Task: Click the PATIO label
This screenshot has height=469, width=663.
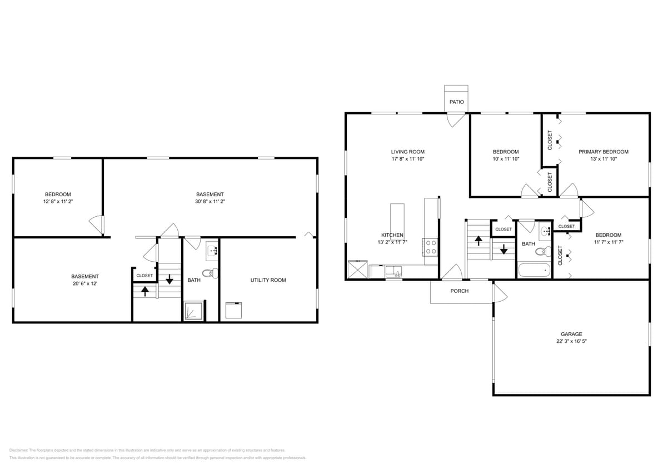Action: [456, 102]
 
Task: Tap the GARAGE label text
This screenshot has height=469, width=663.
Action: [571, 334]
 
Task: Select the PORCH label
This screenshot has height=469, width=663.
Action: [459, 291]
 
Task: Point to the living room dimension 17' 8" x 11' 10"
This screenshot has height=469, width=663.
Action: [407, 159]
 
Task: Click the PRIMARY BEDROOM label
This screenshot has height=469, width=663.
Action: [603, 152]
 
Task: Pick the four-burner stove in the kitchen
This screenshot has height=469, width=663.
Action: [431, 247]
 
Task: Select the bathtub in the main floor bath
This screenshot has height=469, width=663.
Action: [534, 271]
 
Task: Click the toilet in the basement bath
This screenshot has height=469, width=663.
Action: [210, 273]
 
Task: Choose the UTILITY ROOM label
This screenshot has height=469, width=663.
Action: [268, 280]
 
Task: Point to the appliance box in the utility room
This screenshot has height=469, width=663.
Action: [233, 310]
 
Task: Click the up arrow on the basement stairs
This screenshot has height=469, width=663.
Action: [145, 291]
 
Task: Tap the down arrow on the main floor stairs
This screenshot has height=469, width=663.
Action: [504, 249]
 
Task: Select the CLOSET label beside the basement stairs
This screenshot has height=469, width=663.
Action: [144, 276]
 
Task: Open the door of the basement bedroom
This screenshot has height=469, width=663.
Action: [97, 224]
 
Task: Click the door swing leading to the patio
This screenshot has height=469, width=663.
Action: [456, 119]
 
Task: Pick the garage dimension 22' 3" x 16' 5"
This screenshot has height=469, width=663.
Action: [571, 341]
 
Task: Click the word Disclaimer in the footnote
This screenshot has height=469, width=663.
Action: [18, 450]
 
